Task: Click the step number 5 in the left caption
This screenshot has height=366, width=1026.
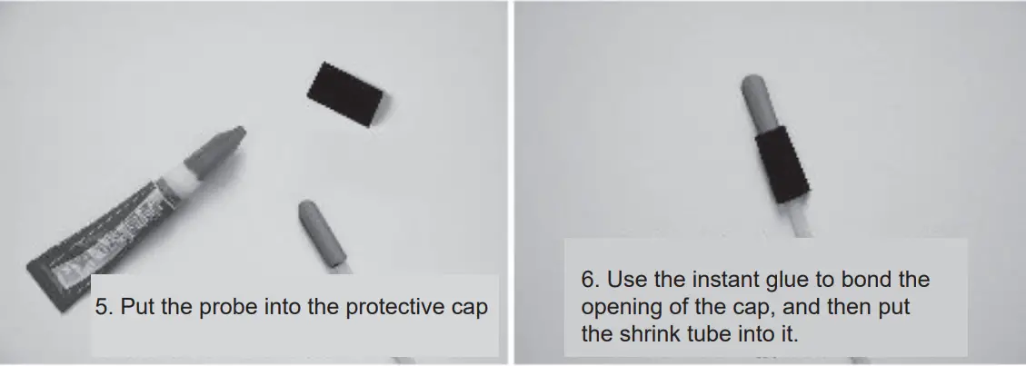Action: pyautogui.click(x=101, y=307)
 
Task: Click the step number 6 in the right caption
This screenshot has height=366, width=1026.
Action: pyautogui.click(x=587, y=280)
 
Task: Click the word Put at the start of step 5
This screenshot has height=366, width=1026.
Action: pyautogui.click(x=136, y=307)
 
